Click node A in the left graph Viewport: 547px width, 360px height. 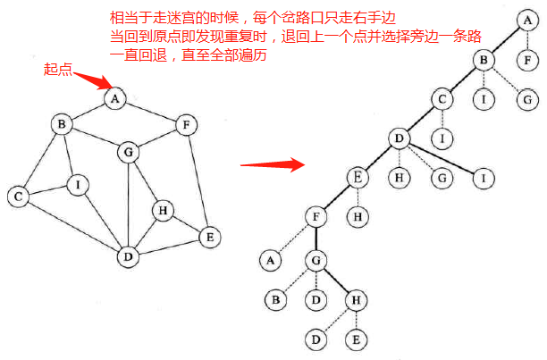pyautogui.click(x=114, y=99)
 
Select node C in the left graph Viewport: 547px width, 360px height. pyautogui.click(x=16, y=196)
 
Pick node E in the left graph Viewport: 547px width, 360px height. pyautogui.click(x=209, y=238)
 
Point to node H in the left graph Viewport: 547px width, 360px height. pyautogui.click(x=162, y=211)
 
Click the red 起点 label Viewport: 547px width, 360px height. pyautogui.click(x=57, y=69)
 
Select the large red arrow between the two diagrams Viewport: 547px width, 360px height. pyautogui.click(x=272, y=164)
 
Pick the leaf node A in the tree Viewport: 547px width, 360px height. pyautogui.click(x=269, y=260)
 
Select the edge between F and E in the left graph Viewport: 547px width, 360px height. pyautogui.click(x=198, y=181)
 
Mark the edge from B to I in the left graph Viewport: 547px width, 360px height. pyautogui.click(x=70, y=155)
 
